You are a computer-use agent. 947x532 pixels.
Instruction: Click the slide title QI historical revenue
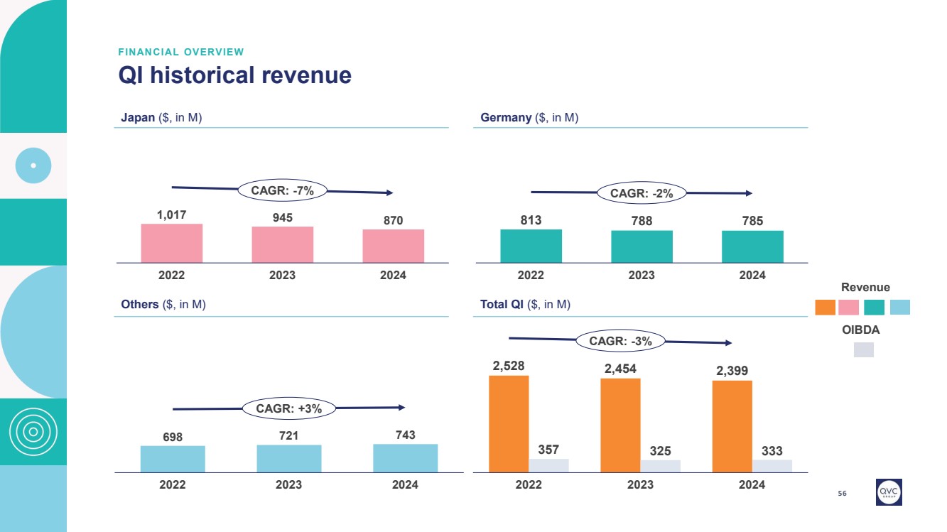[234, 75]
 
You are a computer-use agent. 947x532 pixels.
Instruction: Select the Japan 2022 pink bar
[172, 244]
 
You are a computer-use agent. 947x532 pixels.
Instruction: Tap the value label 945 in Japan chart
[283, 217]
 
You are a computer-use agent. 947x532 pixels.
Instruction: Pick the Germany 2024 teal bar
[752, 246]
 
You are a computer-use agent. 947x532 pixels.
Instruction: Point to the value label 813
[531, 220]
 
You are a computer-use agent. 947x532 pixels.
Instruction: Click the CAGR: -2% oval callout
[642, 192]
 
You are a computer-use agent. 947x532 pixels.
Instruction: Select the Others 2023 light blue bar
[288, 458]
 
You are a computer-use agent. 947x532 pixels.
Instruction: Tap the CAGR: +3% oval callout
[288, 408]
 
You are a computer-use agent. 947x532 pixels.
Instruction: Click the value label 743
[405, 435]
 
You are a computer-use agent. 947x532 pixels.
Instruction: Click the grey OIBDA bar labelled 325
[660, 466]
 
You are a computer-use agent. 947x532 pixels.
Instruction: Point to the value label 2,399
[732, 371]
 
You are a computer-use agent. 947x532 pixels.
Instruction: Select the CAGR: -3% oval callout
[621, 341]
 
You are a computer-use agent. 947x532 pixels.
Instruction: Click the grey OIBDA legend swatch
[863, 349]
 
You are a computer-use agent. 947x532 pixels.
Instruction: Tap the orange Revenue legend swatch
[825, 307]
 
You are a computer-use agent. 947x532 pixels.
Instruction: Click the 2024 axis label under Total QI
[752, 484]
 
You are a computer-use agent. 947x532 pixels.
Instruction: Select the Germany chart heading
[529, 118]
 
